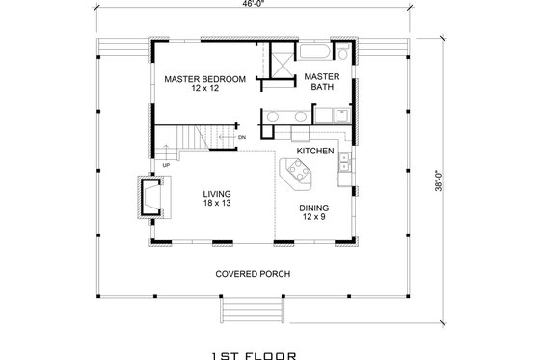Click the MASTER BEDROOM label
203,78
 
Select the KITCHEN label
314,152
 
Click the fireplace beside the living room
151,196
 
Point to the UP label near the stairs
167,165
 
